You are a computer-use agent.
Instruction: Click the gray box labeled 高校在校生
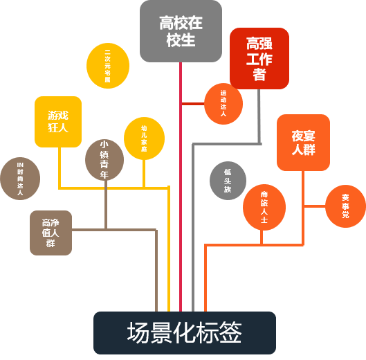(x=181, y=31)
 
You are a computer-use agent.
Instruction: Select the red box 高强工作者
(x=259, y=59)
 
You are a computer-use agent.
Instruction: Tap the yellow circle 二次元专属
(x=108, y=66)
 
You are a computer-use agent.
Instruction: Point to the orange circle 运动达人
(x=223, y=104)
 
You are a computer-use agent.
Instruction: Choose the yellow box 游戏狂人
(x=58, y=122)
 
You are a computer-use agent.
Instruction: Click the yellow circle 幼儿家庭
(x=144, y=138)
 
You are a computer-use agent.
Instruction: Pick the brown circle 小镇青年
(x=104, y=159)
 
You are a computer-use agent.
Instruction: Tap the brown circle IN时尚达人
(x=20, y=179)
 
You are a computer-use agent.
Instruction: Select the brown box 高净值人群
(x=51, y=233)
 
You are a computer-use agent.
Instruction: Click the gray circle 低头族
(x=228, y=181)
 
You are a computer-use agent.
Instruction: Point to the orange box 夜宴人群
(x=303, y=143)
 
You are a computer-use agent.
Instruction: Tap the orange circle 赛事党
(x=345, y=206)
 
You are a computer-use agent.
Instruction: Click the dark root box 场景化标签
(x=184, y=333)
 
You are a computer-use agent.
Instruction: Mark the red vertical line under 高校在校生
(x=181, y=208)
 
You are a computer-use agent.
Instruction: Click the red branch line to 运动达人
(x=192, y=104)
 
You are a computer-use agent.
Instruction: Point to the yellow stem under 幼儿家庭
(x=144, y=173)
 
